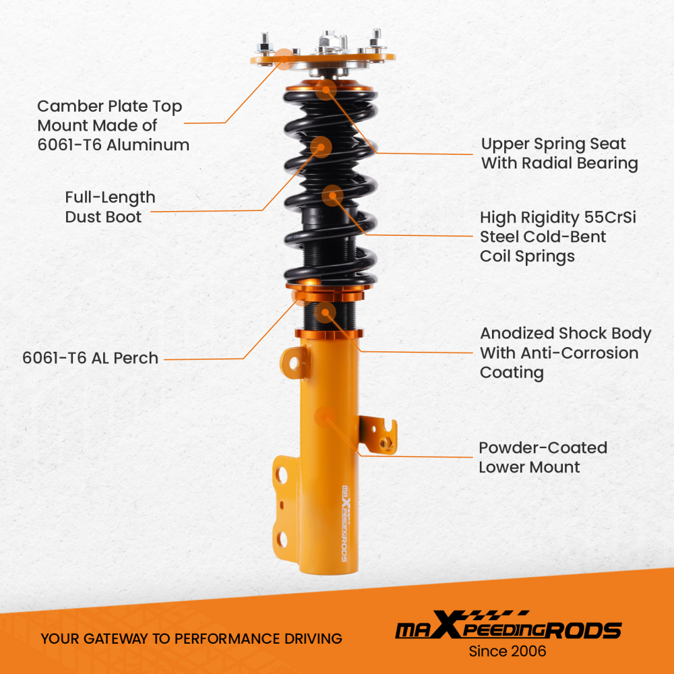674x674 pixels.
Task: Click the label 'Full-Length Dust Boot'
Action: tap(110, 207)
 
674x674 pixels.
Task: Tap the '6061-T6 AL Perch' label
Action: tap(90, 358)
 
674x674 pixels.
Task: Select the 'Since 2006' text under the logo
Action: tap(508, 651)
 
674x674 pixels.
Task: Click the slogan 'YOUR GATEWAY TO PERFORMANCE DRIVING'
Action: tap(191, 638)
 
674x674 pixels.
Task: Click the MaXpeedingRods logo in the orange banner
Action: tap(508, 628)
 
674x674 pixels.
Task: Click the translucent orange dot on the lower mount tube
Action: tap(325, 417)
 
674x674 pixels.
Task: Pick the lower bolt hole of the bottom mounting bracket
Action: tap(282, 539)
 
